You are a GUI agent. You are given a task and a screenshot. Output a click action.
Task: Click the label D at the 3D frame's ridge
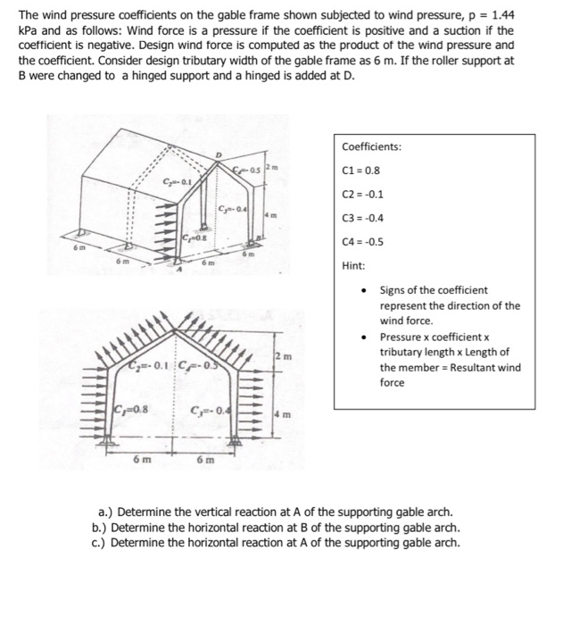click(x=214, y=155)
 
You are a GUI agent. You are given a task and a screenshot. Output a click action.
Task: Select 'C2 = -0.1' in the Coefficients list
click(x=362, y=193)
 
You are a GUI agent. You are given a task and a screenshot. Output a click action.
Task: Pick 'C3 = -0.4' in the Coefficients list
click(x=362, y=216)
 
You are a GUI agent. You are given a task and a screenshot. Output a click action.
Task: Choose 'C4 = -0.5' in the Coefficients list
click(x=362, y=239)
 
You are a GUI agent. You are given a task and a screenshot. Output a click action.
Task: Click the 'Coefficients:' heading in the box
click(x=371, y=146)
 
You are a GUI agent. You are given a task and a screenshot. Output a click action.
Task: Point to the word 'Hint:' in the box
click(x=353, y=265)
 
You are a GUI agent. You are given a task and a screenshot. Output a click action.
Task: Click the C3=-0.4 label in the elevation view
click(x=210, y=410)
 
